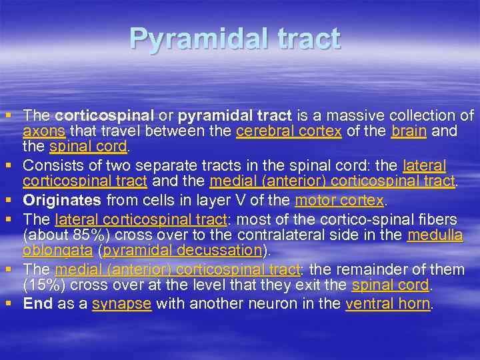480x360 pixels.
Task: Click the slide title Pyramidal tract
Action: (235, 39)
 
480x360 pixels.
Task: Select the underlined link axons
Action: (43, 131)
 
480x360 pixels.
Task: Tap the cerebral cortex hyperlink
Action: (289, 131)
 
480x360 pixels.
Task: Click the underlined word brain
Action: (409, 131)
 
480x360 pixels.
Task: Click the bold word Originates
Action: (62, 199)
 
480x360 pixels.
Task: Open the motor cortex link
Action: (339, 199)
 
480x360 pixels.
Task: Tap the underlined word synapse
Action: (122, 303)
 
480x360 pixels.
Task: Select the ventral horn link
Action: (388, 303)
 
